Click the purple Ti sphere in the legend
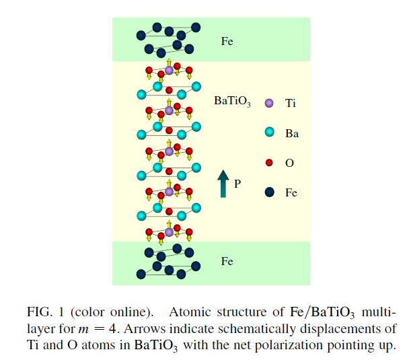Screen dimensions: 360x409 [x=269, y=104]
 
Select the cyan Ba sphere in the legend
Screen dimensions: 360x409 [x=269, y=133]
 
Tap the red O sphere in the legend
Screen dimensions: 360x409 [x=269, y=163]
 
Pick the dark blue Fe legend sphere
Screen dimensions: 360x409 [x=269, y=192]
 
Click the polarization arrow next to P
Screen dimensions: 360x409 [x=223, y=184]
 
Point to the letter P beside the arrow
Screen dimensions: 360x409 [x=237, y=182]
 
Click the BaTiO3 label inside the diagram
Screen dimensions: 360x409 [x=232, y=102]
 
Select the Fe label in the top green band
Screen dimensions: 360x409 [x=227, y=41]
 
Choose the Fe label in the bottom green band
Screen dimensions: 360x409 [x=227, y=261]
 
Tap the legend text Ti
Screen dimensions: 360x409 [x=291, y=104]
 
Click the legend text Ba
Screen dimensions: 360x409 [x=292, y=133]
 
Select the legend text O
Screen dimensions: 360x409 [x=289, y=163]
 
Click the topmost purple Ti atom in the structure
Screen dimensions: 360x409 [x=169, y=71]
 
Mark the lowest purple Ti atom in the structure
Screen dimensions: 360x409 [x=169, y=232]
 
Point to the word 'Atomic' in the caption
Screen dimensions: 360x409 [x=188, y=312]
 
